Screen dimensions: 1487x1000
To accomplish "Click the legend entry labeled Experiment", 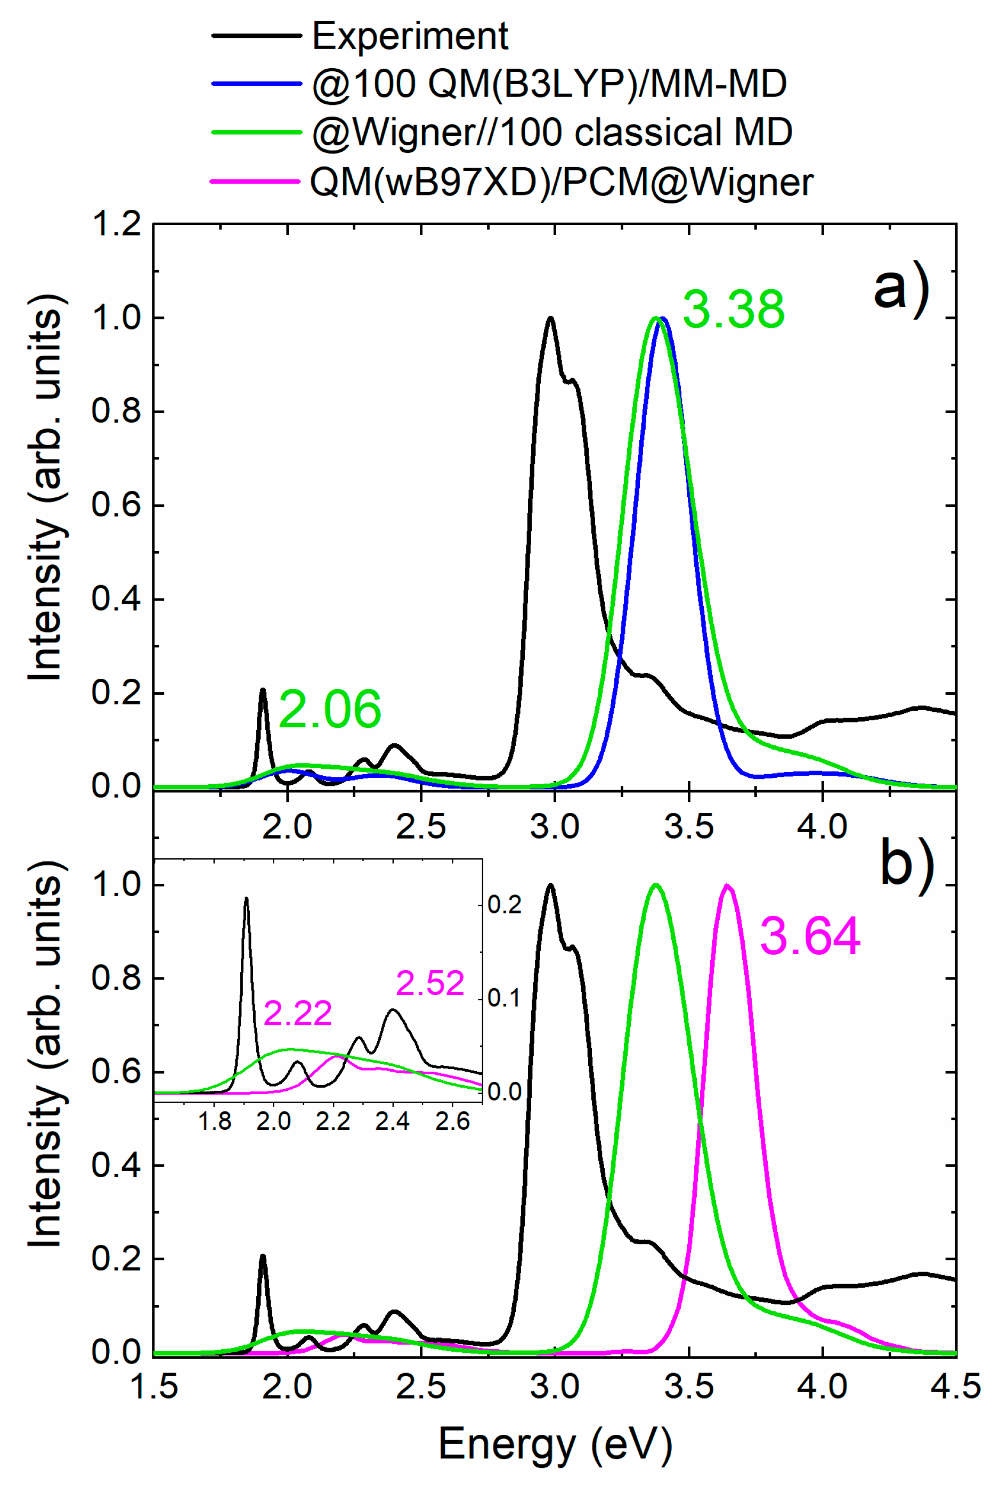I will tap(410, 36).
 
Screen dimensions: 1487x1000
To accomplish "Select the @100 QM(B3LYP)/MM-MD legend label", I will tap(549, 84).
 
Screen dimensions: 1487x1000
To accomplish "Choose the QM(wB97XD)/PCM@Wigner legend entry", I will tap(561, 182).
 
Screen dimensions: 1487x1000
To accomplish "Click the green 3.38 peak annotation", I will tap(734, 310).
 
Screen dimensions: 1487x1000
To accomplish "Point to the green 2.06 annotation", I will tap(330, 709).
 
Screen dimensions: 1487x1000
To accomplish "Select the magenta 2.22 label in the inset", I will tap(298, 1014).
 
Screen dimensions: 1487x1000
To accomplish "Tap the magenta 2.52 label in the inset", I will tap(430, 983).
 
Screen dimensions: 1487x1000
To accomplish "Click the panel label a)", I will tap(901, 290).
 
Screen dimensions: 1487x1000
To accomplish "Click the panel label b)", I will tap(907, 864).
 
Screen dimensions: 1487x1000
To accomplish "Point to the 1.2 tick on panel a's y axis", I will tap(117, 224).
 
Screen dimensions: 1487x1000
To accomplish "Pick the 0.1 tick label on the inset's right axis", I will tap(504, 999).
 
